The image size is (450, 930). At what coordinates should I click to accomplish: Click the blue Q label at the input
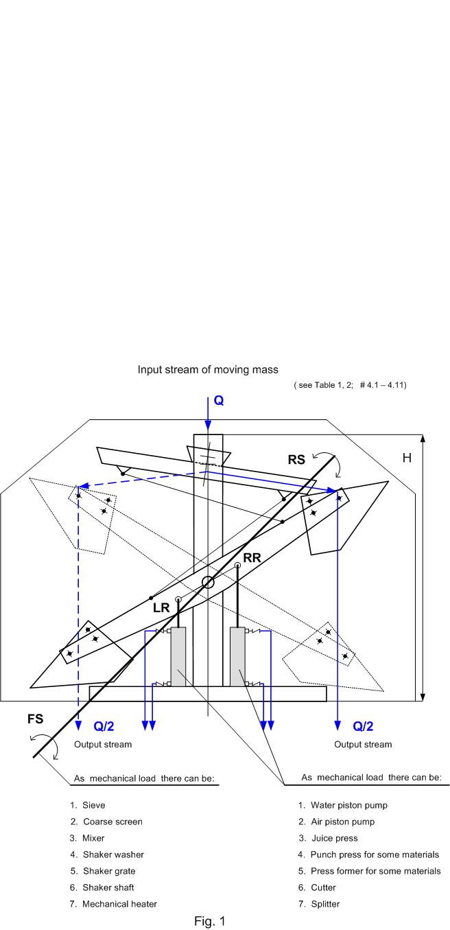[219, 400]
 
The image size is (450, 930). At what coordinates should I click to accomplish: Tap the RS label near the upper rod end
[296, 460]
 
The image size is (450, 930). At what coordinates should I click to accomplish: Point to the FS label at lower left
[35, 719]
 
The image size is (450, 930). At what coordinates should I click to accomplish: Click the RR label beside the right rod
[252, 557]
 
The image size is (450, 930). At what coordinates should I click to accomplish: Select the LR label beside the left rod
[161, 608]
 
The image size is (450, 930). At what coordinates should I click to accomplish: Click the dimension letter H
[407, 458]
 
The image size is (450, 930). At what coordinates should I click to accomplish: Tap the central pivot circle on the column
[208, 583]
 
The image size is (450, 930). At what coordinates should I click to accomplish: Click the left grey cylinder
[178, 657]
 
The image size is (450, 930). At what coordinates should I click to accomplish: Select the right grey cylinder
[237, 657]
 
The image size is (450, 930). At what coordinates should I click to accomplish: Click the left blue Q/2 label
[104, 726]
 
